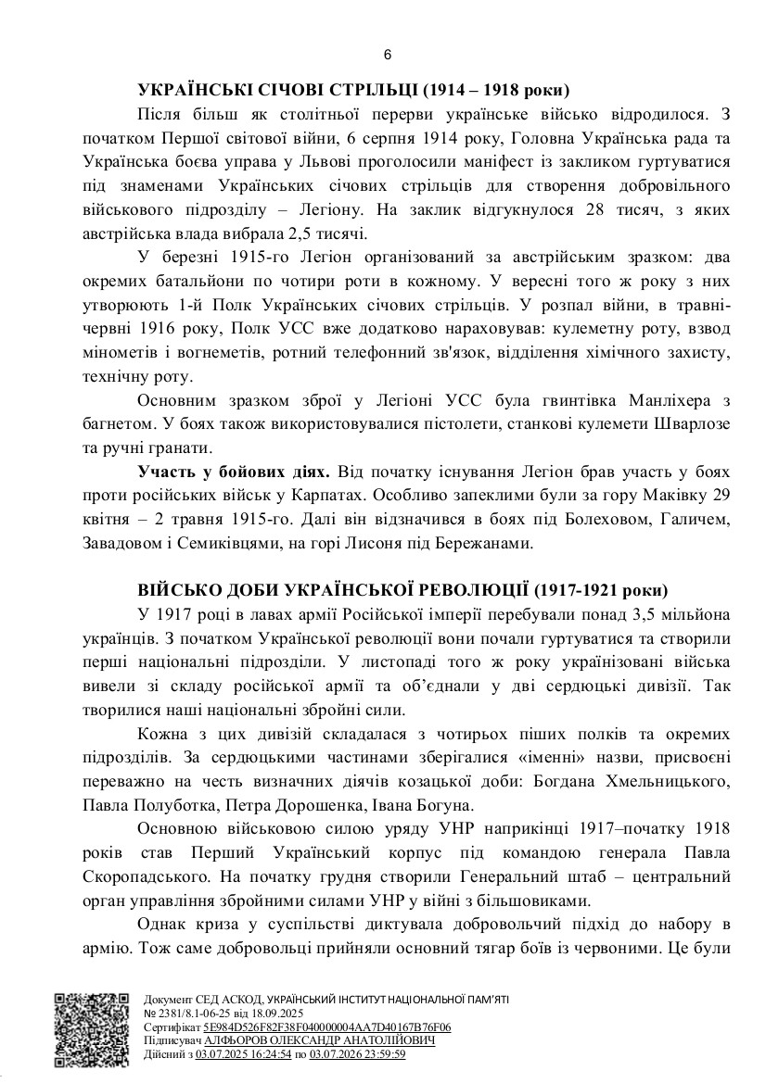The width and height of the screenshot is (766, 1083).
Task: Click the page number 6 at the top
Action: (x=388, y=54)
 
